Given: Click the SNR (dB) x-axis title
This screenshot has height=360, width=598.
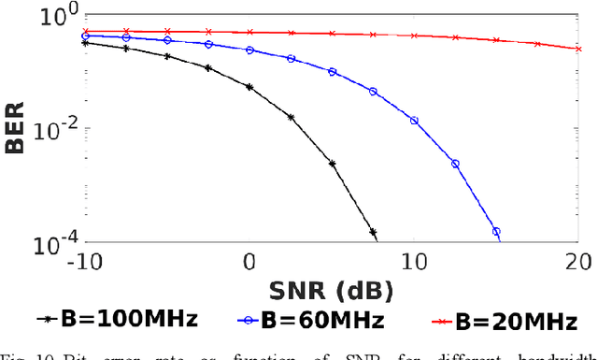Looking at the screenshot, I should click(332, 289).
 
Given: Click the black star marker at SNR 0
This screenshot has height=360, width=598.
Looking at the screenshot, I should click(249, 86).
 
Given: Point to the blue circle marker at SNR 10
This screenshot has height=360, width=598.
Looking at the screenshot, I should click(414, 121).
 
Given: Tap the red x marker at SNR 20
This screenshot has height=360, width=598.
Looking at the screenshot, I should click(578, 50).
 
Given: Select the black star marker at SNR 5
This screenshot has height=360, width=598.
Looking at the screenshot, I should click(332, 163).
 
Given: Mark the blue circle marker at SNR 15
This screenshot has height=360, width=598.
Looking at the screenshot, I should click(496, 231).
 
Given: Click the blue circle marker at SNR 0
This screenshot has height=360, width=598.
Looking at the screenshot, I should click(249, 50).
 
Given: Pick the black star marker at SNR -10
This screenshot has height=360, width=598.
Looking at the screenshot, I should click(85, 42).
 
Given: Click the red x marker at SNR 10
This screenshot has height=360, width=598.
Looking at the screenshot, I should click(414, 36).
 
